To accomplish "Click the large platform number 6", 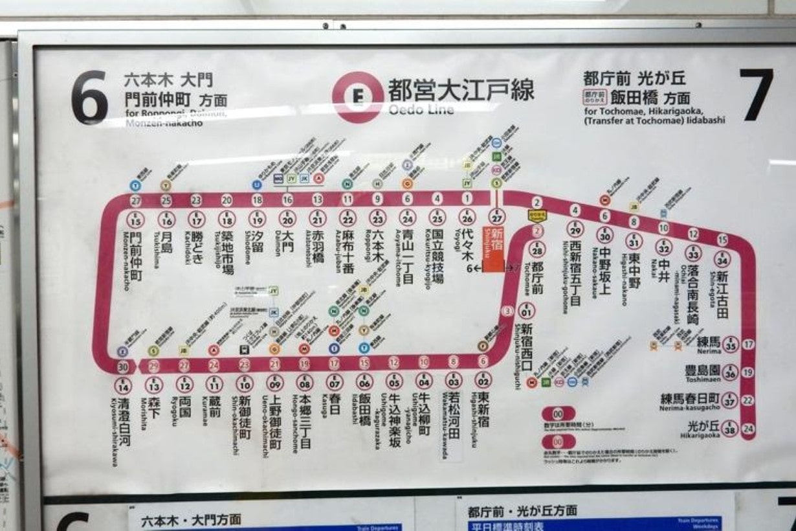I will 90,97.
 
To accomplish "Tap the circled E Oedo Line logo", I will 357,97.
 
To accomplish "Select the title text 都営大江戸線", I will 461,89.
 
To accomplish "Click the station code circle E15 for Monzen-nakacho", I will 137,220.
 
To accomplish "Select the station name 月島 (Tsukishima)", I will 166,246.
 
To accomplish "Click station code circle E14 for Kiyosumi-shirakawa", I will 123,386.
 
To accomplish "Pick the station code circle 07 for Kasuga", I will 334,382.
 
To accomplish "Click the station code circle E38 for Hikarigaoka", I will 730,429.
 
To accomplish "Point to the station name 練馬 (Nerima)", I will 708,341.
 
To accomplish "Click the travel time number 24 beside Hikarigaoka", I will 749,429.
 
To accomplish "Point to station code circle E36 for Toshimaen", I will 730,372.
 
